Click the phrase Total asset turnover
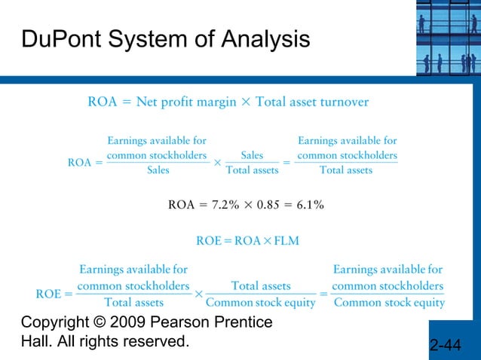pos(312,102)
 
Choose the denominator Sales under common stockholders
pos(158,170)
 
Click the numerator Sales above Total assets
pos(252,156)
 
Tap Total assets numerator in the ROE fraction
pos(261,286)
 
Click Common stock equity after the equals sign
pos(389,303)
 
